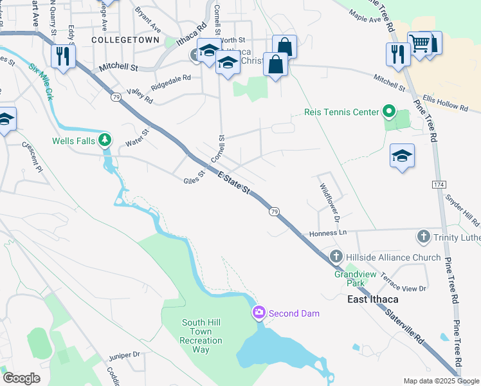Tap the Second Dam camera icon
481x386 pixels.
pyautogui.click(x=259, y=313)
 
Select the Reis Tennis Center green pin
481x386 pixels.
pyautogui.click(x=388, y=112)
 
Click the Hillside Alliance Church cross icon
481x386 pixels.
pyautogui.click(x=336, y=257)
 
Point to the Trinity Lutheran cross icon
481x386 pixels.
pyautogui.click(x=424, y=237)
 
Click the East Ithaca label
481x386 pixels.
pyautogui.click(x=372, y=299)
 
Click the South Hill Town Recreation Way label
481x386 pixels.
pyautogui.click(x=201, y=336)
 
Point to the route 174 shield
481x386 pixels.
pyautogui.click(x=439, y=185)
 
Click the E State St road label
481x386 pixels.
pyautogui.click(x=233, y=182)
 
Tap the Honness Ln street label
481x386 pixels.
pyautogui.click(x=327, y=233)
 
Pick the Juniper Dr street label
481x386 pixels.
pyautogui.click(x=124, y=354)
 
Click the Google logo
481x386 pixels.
pyautogui.click(x=21, y=378)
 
